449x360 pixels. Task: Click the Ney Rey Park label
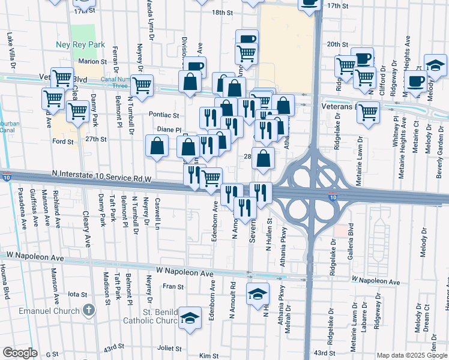[x=88, y=44]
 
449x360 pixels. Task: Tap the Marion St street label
[x=92, y=61]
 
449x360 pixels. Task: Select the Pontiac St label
[x=164, y=115]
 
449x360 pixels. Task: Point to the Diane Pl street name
[x=169, y=129]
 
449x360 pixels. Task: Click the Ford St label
[x=62, y=142]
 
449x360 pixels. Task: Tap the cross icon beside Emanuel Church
[x=89, y=310]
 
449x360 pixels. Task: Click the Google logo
[x=20, y=353]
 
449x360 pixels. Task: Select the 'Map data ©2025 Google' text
[x=411, y=355]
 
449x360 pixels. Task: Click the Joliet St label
[x=169, y=348]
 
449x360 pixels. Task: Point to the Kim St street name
[x=209, y=356]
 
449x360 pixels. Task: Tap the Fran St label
[x=173, y=287]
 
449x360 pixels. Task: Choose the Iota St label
[x=78, y=294]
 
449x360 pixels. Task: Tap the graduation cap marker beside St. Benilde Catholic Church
[x=190, y=319]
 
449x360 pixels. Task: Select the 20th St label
[x=337, y=44]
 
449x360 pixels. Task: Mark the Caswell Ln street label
[x=157, y=214]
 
